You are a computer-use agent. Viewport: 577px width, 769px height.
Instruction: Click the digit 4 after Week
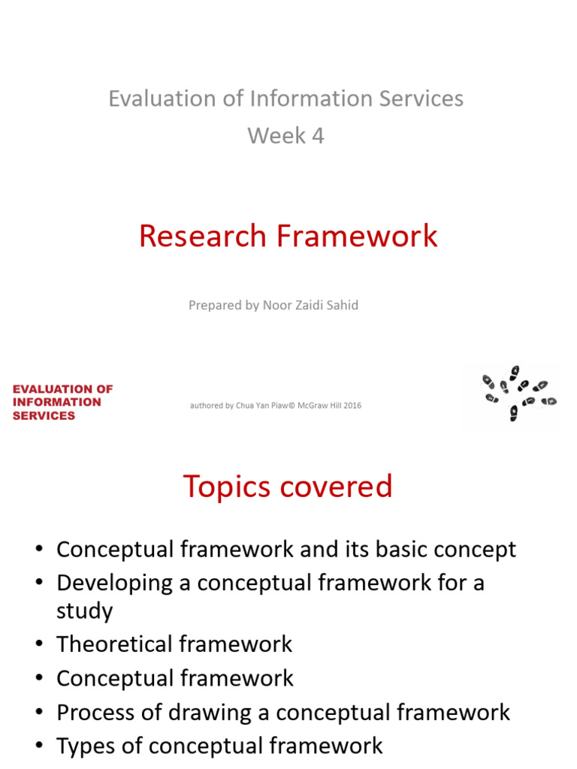318,136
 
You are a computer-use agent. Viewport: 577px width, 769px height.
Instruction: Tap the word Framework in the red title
357,236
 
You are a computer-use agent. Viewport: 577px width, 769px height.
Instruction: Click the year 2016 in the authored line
352,406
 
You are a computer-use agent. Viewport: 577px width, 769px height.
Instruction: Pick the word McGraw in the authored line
314,406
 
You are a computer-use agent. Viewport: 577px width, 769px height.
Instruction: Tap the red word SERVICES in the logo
44,415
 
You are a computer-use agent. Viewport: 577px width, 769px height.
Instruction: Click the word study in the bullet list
84,611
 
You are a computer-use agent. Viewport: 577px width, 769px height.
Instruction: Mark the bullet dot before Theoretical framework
39,644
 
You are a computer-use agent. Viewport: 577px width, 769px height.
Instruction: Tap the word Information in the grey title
301,98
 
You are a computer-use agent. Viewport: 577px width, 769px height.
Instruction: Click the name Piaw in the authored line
267,406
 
